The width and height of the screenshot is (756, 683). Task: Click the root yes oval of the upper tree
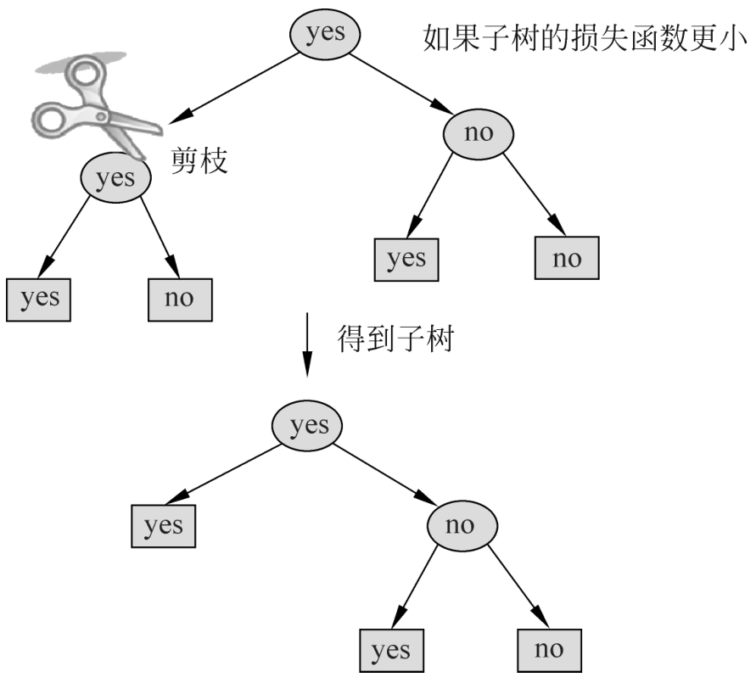[326, 34]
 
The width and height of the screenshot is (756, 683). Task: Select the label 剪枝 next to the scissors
[201, 160]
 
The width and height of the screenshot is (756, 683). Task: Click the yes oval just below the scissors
[116, 178]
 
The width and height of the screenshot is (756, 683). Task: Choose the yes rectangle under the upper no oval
[406, 258]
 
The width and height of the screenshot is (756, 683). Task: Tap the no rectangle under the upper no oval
[566, 258]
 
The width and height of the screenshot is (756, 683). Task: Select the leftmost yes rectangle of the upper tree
[38, 298]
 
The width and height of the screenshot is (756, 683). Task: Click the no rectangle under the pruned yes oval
[179, 298]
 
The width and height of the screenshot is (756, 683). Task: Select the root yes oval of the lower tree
[307, 424]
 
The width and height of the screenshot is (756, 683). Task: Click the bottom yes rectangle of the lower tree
[390, 651]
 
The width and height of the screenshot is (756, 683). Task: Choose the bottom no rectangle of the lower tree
[549, 650]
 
